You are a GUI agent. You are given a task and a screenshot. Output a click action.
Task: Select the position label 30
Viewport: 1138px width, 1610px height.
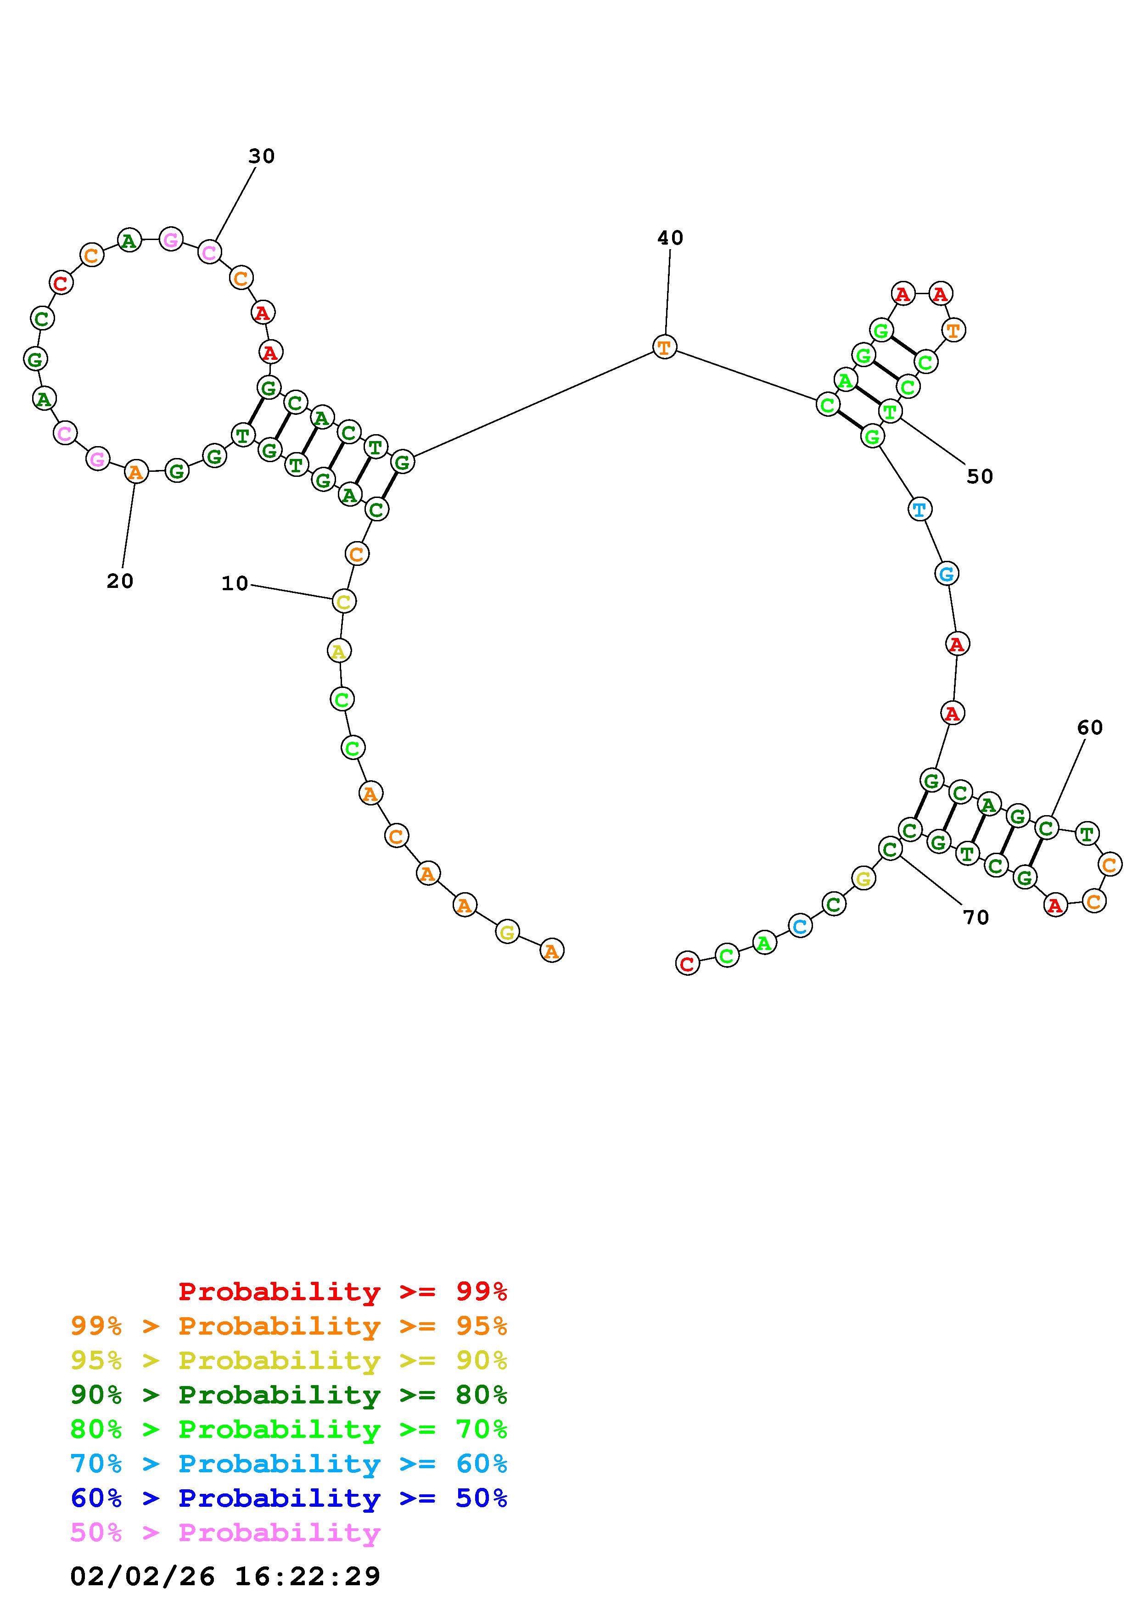point(262,157)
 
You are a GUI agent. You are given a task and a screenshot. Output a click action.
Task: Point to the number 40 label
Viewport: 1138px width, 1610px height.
point(670,238)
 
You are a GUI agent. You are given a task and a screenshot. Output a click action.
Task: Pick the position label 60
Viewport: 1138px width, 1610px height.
point(1090,728)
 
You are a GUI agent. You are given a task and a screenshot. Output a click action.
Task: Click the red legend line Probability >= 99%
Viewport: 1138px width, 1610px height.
point(343,1291)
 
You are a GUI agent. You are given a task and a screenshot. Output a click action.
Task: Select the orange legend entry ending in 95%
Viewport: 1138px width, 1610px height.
point(289,1326)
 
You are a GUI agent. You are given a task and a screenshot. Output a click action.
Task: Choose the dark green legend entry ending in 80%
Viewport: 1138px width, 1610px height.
point(289,1395)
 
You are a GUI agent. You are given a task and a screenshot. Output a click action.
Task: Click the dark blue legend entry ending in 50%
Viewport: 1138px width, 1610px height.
point(289,1498)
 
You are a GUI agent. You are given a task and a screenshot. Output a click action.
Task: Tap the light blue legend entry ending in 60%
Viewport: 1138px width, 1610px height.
point(289,1464)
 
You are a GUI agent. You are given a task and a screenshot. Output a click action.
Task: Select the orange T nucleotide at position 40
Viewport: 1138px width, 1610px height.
point(664,347)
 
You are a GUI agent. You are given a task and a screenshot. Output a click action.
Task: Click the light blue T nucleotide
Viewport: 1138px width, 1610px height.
point(919,509)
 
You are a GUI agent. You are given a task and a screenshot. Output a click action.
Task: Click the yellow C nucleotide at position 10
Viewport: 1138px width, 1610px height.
point(343,601)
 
